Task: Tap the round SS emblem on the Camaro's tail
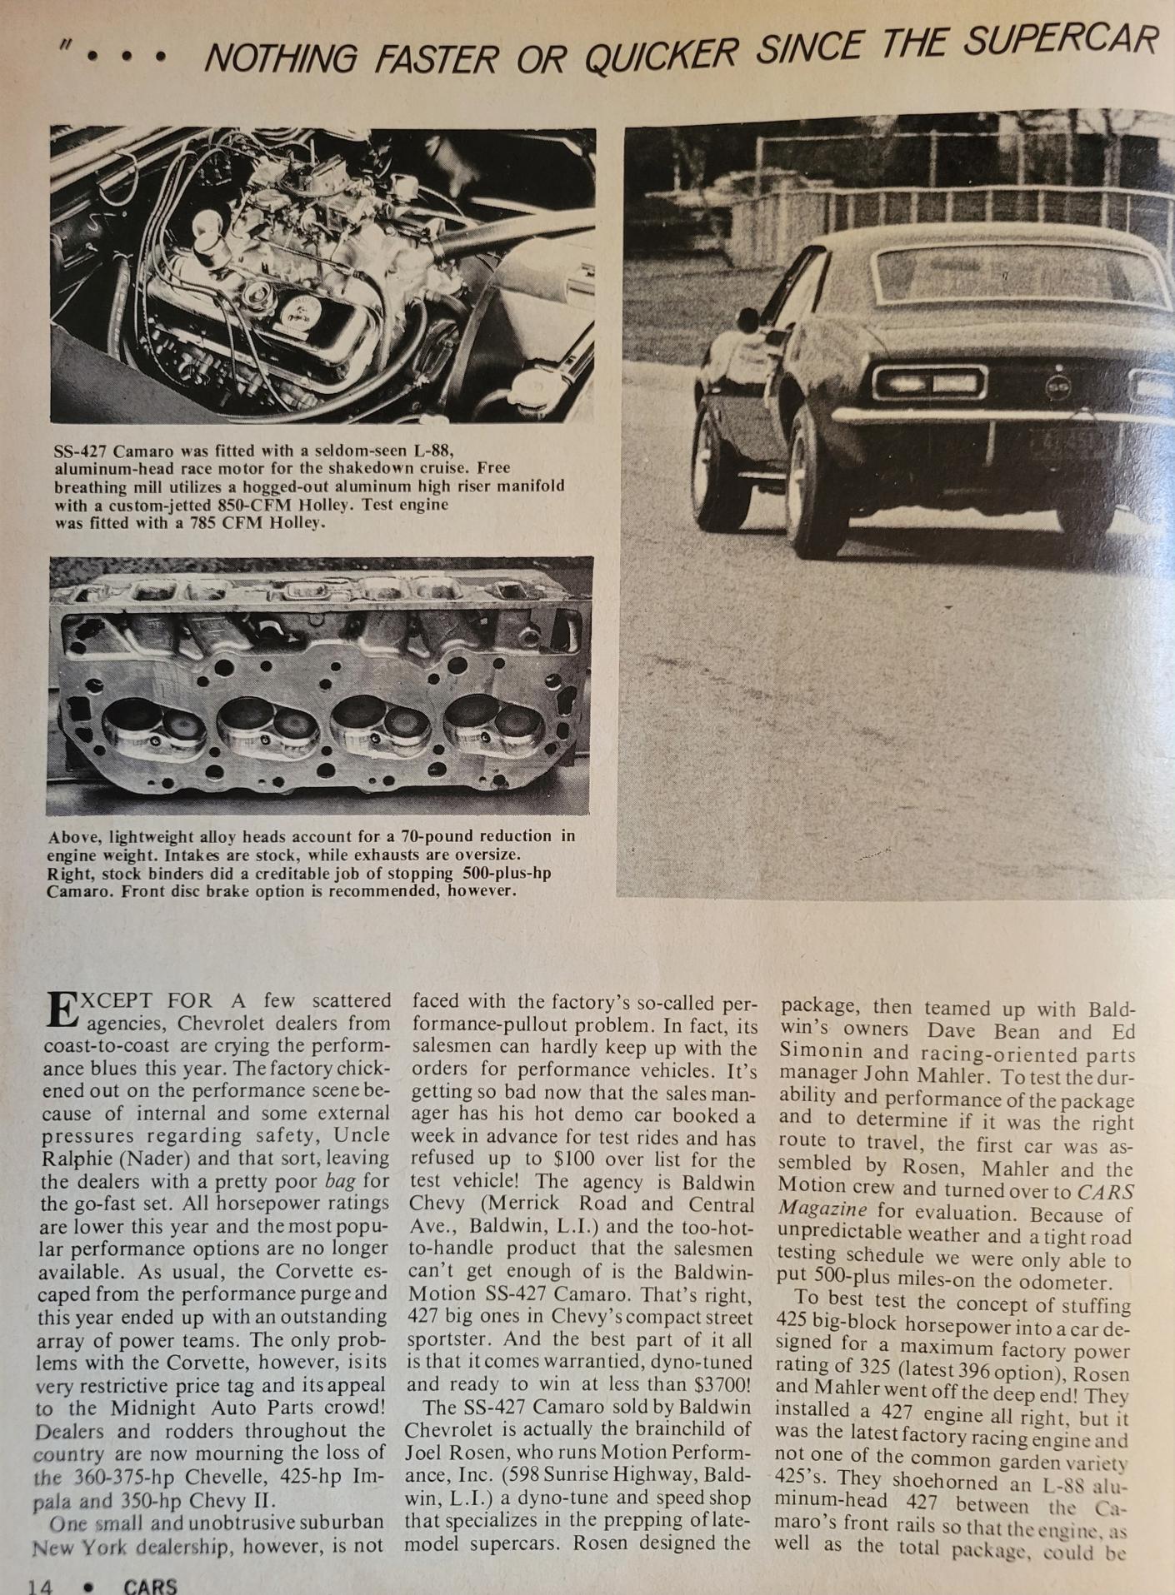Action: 1058,386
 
